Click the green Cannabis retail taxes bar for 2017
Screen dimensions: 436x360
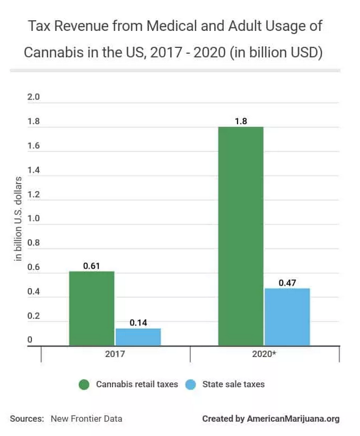[x=92, y=308]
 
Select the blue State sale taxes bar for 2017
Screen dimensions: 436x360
[x=138, y=337]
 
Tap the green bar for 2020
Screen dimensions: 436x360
[x=241, y=236]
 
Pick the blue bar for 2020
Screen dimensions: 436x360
[x=287, y=317]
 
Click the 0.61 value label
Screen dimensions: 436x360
[x=91, y=266]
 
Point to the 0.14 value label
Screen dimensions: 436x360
[x=138, y=322]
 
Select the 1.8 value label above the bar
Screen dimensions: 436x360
[x=241, y=120]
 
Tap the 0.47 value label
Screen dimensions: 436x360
[x=287, y=283]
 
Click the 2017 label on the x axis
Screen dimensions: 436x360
[x=115, y=355]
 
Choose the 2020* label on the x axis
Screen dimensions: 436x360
[x=264, y=355]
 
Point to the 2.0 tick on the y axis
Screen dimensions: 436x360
[x=34, y=97]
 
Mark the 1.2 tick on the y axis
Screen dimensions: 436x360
[x=34, y=195]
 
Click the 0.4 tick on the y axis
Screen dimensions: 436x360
[x=34, y=291]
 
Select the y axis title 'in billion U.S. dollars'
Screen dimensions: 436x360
[x=18, y=219]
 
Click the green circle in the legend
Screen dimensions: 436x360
[x=85, y=384]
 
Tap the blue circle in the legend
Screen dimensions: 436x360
[x=190, y=384]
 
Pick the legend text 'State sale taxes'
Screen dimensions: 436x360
[x=234, y=384]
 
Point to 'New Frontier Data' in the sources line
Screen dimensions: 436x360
[x=86, y=418]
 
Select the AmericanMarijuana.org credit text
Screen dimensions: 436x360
[x=293, y=418]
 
